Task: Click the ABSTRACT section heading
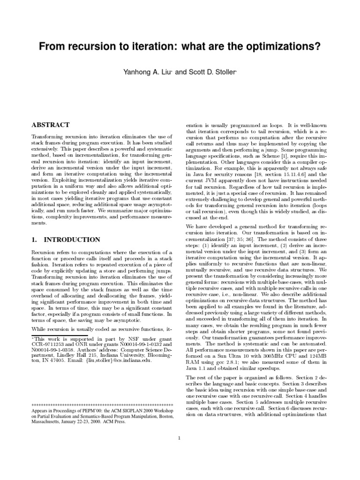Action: pos(50,125)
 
